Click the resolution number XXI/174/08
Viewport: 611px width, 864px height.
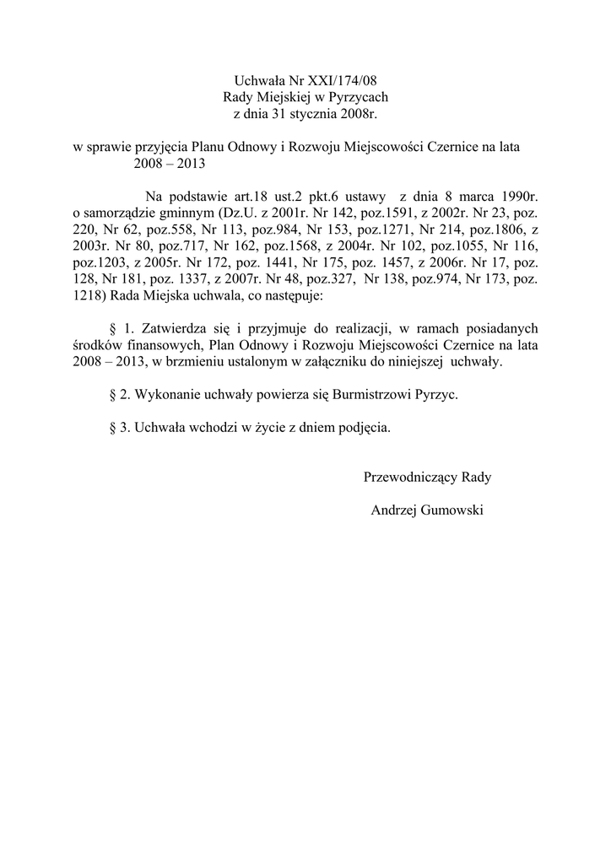coord(352,80)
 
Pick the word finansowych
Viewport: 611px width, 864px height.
coord(163,345)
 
